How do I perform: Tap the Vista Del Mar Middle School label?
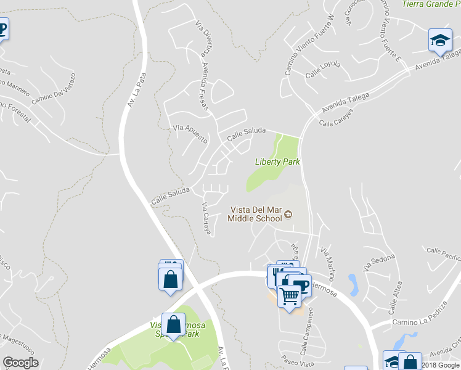[x=255, y=213]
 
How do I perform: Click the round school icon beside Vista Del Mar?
[x=287, y=215]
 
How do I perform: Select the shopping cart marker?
[x=289, y=297]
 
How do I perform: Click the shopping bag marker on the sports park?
[x=174, y=324]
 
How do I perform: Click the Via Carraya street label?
[x=206, y=219]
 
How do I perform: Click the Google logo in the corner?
[x=20, y=363]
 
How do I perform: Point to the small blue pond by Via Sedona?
[x=353, y=284]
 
